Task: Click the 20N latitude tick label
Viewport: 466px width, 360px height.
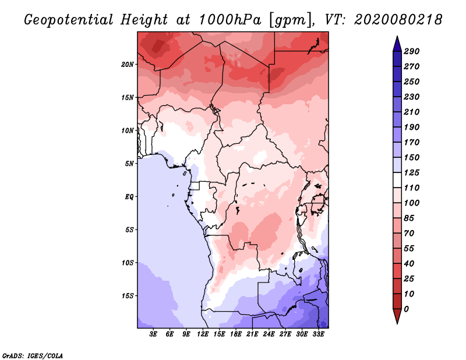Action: (x=127, y=65)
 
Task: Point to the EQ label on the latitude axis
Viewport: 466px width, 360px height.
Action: (x=129, y=197)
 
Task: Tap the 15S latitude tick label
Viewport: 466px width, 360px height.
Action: (x=127, y=296)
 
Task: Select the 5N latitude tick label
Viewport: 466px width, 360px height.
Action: (x=129, y=164)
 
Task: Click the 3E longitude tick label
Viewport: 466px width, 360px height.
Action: (x=153, y=334)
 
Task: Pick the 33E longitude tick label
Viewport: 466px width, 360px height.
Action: (x=318, y=334)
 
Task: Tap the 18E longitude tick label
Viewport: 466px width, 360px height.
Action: (x=236, y=334)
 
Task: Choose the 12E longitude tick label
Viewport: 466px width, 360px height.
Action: (x=203, y=334)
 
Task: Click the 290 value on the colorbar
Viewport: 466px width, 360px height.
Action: (x=411, y=51)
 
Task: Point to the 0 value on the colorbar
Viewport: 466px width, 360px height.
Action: (x=406, y=309)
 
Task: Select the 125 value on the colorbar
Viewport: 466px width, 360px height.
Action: (x=411, y=172)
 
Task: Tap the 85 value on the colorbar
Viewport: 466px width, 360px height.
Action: (x=409, y=218)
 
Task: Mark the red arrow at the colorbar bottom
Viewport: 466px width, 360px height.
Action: (x=397, y=316)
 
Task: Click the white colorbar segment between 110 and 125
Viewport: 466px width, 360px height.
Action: (x=397, y=180)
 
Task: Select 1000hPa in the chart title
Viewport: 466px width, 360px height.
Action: (x=230, y=20)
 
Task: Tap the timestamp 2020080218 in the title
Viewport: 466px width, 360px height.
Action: (x=398, y=20)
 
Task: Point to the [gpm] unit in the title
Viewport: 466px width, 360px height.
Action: (x=291, y=20)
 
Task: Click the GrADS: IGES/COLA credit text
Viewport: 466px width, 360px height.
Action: (x=33, y=356)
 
